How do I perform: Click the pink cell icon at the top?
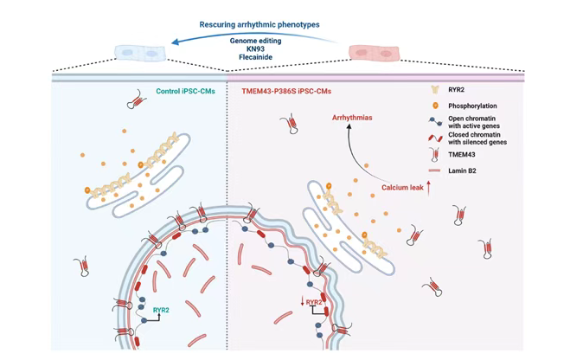(x=374, y=52)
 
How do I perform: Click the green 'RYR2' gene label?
(x=161, y=309)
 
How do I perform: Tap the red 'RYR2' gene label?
(x=314, y=302)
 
